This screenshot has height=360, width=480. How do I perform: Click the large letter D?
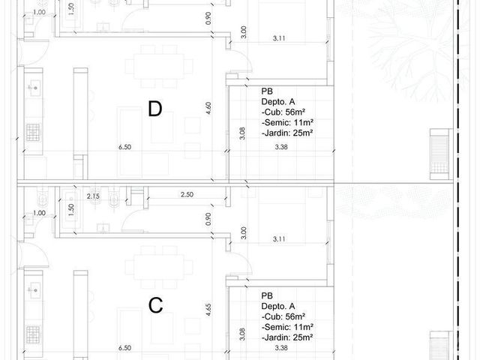point(155,109)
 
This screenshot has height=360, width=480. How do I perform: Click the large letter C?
point(155,305)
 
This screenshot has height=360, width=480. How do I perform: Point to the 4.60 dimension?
point(208,108)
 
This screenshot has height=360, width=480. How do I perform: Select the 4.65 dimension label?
point(208,310)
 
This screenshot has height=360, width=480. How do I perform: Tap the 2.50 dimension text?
point(187,194)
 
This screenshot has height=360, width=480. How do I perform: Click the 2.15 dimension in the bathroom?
point(93,196)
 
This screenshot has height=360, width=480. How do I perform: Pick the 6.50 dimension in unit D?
point(125,147)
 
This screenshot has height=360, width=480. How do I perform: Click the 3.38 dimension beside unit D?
point(281,147)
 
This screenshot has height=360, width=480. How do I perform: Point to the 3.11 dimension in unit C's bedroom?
point(279,238)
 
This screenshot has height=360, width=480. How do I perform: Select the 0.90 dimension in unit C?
point(208,219)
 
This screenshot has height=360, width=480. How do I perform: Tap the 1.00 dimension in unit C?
point(39,213)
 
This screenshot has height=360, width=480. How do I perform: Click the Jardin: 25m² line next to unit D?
point(287,133)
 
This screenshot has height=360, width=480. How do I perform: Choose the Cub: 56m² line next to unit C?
point(283,316)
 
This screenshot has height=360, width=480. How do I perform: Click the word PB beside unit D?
point(267,91)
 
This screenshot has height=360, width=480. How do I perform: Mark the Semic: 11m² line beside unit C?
point(287,327)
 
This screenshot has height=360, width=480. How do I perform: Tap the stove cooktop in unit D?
point(33,132)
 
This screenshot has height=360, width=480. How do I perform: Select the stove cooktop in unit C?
point(33,334)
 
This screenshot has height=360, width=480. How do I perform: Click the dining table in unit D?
point(159,66)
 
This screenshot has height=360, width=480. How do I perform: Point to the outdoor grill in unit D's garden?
point(439,154)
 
